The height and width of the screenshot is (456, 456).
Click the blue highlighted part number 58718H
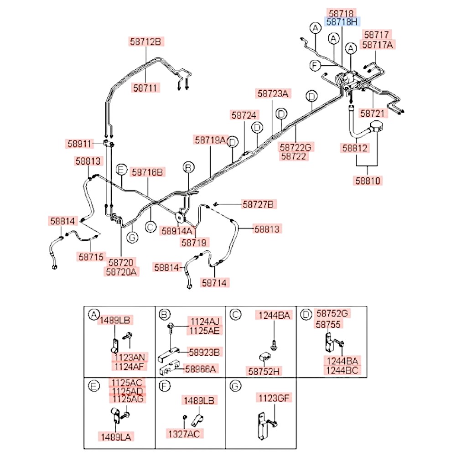(x=342, y=22)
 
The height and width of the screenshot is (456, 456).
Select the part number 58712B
(x=146, y=41)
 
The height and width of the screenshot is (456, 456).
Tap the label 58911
(x=79, y=144)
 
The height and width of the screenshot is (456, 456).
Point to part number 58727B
(x=258, y=204)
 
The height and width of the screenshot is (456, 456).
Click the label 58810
(x=368, y=181)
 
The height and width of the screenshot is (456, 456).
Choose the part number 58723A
(x=273, y=93)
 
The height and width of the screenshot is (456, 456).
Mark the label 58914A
(x=177, y=231)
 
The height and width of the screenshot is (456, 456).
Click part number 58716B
(x=147, y=172)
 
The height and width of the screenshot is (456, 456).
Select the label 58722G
(x=295, y=147)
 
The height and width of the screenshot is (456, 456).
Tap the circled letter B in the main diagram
(x=188, y=168)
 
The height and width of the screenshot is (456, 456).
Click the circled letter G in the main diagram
(x=132, y=238)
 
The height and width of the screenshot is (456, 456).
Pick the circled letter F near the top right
(x=315, y=65)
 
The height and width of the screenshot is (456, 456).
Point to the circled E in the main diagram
(x=122, y=170)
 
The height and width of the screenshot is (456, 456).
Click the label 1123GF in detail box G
(x=274, y=398)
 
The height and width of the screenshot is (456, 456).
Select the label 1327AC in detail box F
(x=184, y=434)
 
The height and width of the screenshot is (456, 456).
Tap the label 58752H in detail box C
(x=264, y=371)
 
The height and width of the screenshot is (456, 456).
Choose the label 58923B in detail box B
(x=204, y=352)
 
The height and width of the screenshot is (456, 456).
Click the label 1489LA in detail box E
(x=116, y=437)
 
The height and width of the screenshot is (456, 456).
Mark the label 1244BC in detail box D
(x=342, y=370)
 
